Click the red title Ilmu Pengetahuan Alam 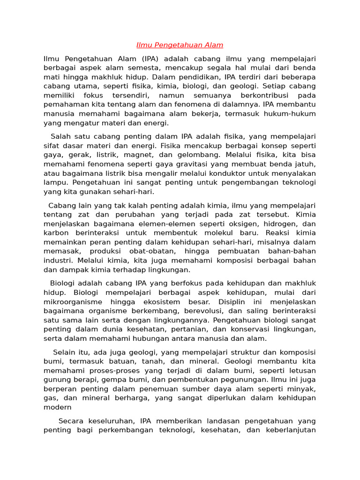180,45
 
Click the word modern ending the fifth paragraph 57,407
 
